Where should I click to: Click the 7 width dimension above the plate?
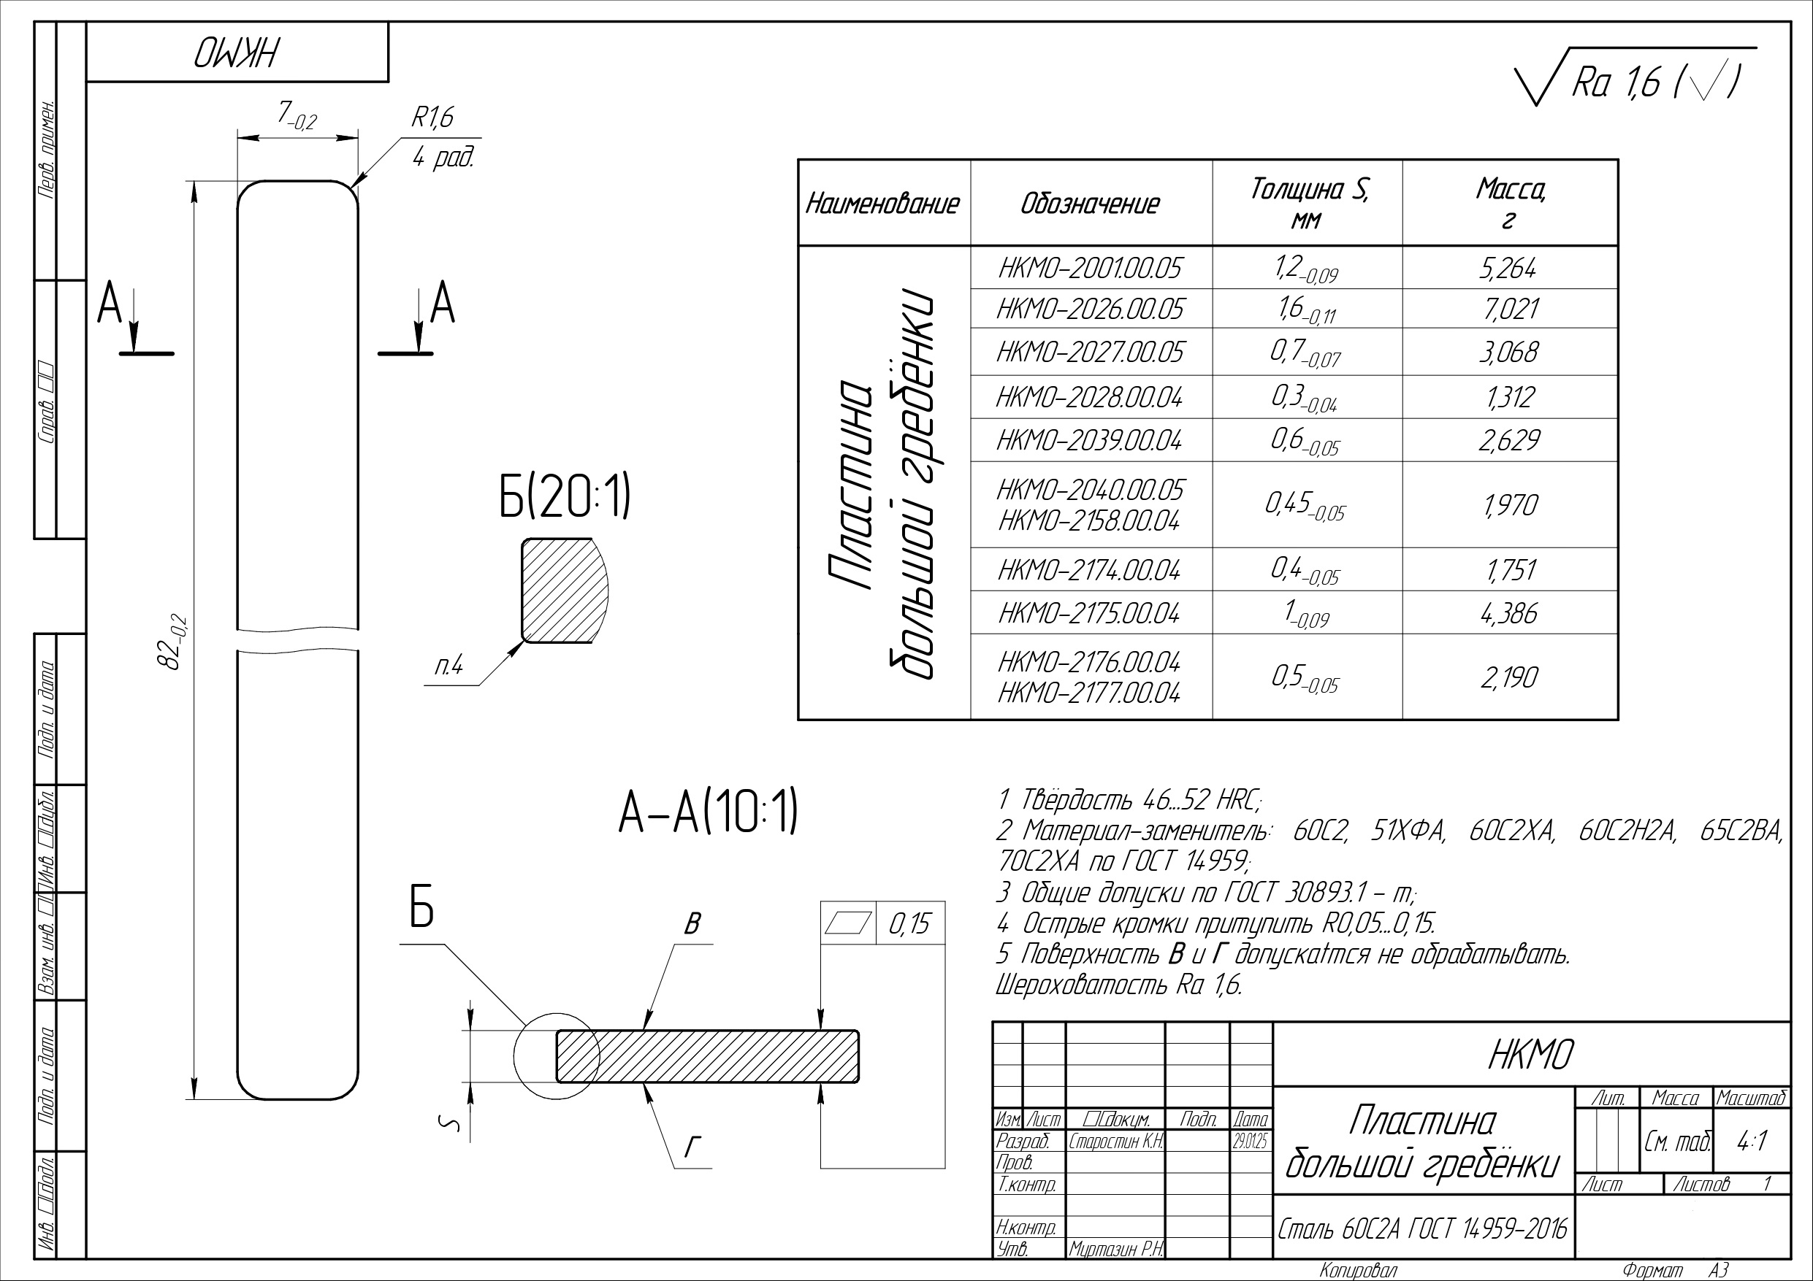296,117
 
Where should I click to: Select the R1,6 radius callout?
432,118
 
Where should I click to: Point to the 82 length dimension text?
173,641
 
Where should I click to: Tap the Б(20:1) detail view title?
565,497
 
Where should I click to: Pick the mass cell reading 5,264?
1508,269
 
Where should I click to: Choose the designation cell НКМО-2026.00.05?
1090,309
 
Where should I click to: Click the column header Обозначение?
1090,204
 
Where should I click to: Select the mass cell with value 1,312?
1508,396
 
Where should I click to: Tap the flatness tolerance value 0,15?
909,923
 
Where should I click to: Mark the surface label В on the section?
692,923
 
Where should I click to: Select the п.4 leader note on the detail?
449,668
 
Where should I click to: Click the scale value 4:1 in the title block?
1752,1142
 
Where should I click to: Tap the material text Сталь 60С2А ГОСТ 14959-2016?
1422,1228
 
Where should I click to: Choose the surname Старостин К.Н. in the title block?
1115,1142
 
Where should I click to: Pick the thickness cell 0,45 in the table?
1305,505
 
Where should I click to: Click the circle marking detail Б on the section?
554,1058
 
